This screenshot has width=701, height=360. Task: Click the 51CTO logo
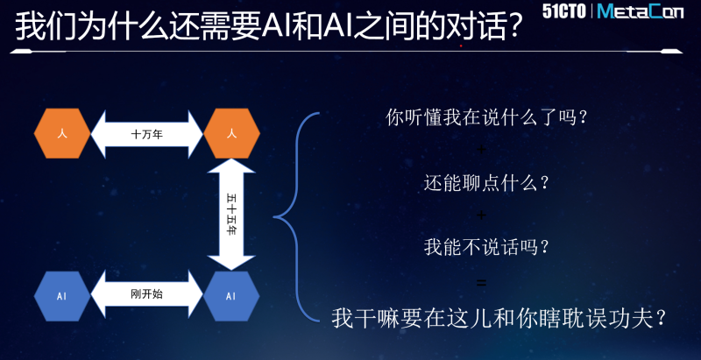point(564,11)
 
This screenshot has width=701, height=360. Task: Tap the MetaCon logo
point(641,11)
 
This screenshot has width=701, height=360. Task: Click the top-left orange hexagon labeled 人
point(62,133)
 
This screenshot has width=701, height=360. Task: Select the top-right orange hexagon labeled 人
point(231,133)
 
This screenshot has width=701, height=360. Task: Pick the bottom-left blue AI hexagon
point(62,296)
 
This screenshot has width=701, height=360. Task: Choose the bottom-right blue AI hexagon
point(231,296)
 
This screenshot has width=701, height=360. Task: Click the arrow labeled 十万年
point(146,134)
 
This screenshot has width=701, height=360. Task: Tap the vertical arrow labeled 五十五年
point(231,215)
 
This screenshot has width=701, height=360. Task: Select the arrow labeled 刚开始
point(146,294)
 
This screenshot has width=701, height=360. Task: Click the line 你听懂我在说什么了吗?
point(486,118)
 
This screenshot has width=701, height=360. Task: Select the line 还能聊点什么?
point(486,183)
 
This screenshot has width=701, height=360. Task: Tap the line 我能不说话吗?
point(486,247)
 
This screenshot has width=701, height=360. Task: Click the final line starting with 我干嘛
point(499,319)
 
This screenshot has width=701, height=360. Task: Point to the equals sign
point(481,283)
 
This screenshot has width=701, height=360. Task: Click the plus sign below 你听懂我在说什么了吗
point(481,149)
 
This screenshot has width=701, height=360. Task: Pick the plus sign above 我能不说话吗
point(481,215)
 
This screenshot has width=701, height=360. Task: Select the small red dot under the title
point(461,46)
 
